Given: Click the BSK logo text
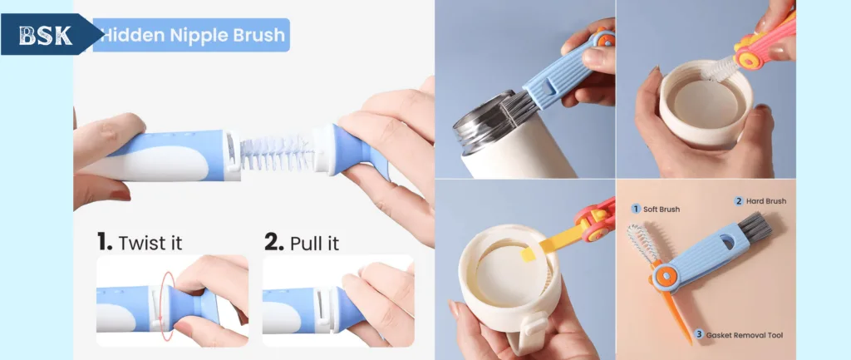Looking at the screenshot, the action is click(x=45, y=35).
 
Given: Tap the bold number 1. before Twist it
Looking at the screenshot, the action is click(x=105, y=241).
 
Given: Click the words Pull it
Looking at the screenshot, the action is click(x=314, y=242).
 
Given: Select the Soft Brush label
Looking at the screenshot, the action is click(x=661, y=209).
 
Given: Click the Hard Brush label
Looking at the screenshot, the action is click(x=765, y=201).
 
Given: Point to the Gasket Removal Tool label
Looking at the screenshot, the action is click(x=744, y=335).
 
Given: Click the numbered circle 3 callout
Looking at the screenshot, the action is click(x=700, y=334).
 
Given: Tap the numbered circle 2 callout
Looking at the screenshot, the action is click(x=739, y=201).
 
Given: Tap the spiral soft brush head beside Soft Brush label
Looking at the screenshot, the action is click(x=641, y=242).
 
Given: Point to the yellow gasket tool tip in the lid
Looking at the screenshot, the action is click(x=528, y=254).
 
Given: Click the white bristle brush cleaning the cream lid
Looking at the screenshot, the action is click(x=721, y=70).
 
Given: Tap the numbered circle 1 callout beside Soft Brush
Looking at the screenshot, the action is click(x=636, y=209).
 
